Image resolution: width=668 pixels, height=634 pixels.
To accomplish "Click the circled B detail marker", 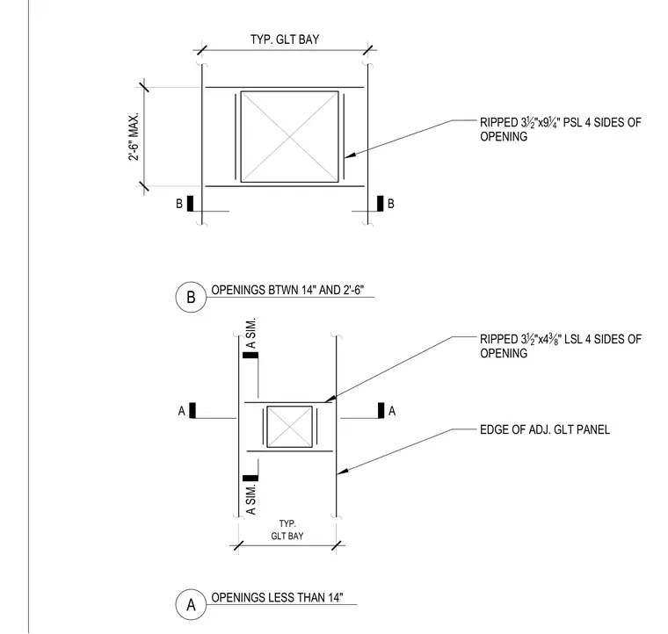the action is (191, 297).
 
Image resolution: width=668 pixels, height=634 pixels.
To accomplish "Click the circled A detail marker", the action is (191, 604).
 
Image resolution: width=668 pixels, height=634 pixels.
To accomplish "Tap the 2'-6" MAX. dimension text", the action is (134, 137).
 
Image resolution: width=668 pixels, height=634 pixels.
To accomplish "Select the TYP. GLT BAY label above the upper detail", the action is (285, 40).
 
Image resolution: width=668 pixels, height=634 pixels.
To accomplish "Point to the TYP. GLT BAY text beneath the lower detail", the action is (287, 530).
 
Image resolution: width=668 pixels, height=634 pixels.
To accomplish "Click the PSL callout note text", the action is (560, 129).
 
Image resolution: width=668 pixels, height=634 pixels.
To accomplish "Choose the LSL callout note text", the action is (560, 346).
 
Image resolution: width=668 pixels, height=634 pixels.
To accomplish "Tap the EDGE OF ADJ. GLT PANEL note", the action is (545, 429).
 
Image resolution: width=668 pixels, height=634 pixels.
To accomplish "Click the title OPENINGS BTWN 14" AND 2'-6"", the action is (287, 290).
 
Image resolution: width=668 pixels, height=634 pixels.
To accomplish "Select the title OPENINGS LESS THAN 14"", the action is (277, 597).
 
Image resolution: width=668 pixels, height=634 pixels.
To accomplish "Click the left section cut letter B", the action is (179, 204).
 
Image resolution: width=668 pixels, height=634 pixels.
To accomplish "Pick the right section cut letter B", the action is (390, 204).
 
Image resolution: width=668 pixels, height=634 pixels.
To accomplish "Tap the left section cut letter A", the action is (181, 411).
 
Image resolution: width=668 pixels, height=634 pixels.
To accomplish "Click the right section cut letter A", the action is (392, 411).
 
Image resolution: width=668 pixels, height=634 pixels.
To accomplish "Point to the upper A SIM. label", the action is (250, 333).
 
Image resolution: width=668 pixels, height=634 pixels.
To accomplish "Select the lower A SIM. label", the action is (250, 499).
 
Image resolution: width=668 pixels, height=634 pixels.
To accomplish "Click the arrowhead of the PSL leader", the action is (345, 157).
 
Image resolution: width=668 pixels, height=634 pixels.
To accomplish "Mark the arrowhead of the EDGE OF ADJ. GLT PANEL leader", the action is (338, 473).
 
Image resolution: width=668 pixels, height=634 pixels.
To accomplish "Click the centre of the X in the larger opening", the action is (290, 137).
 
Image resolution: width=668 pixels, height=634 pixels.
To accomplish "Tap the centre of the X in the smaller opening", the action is (290, 427).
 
